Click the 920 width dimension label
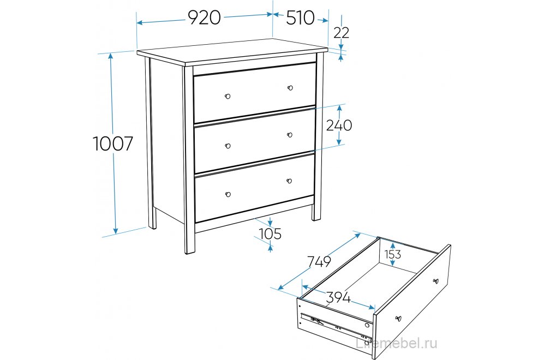pos(205,17)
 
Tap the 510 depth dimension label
pos(300,18)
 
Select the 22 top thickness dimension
pos(341,33)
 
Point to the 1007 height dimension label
pos(113,143)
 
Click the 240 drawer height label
pos(339,125)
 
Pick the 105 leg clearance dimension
pos(270,234)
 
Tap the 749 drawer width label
pos(319,262)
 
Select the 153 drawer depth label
pos(392,255)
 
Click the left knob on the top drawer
pos(228,96)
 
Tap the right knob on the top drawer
pos(290,88)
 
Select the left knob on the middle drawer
pos(228,146)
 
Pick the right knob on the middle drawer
pos(290,135)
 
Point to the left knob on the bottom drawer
pos(228,194)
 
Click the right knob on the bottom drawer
pos(289,181)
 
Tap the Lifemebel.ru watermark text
pos(397,343)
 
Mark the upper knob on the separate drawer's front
pos(436,280)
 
